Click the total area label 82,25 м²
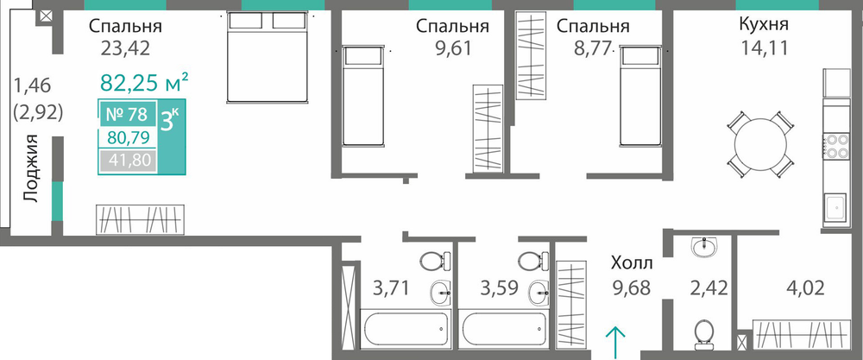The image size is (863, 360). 145,83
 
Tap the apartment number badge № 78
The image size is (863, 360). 126,115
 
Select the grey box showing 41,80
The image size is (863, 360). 126,161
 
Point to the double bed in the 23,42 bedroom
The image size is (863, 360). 268,58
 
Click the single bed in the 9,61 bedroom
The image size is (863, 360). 362,97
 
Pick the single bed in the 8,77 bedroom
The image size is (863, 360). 639,97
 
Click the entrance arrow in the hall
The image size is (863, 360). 615,341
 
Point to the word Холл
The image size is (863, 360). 632,263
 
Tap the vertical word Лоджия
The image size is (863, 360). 33,168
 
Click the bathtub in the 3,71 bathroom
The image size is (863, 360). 406,329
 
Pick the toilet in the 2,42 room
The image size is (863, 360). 704,335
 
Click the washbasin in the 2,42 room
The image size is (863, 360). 705,247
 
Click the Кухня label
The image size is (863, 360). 764,25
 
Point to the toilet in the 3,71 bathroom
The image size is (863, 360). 435,259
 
